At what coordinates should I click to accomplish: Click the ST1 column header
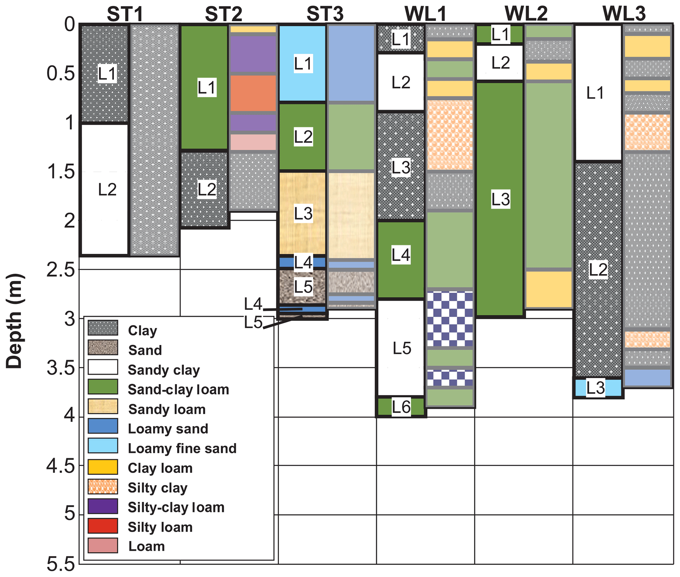click(x=125, y=14)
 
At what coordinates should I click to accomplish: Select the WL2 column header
click(x=526, y=14)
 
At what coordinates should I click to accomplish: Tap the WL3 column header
click(x=624, y=14)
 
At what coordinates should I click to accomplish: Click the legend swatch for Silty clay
click(x=103, y=486)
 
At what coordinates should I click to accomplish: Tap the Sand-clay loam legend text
click(x=178, y=389)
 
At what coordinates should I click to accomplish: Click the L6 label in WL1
click(x=401, y=407)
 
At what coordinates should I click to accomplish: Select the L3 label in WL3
click(x=596, y=388)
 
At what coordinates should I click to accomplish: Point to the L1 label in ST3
click(x=303, y=64)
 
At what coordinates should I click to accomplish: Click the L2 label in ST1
click(x=107, y=190)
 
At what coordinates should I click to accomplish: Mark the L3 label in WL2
click(x=500, y=199)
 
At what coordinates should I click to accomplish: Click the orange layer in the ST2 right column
click(x=253, y=93)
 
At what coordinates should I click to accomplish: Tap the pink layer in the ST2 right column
click(x=253, y=142)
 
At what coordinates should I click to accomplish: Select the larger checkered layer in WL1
click(x=450, y=319)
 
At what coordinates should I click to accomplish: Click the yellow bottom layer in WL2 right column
click(x=548, y=289)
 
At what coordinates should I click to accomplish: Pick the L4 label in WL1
click(x=401, y=255)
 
